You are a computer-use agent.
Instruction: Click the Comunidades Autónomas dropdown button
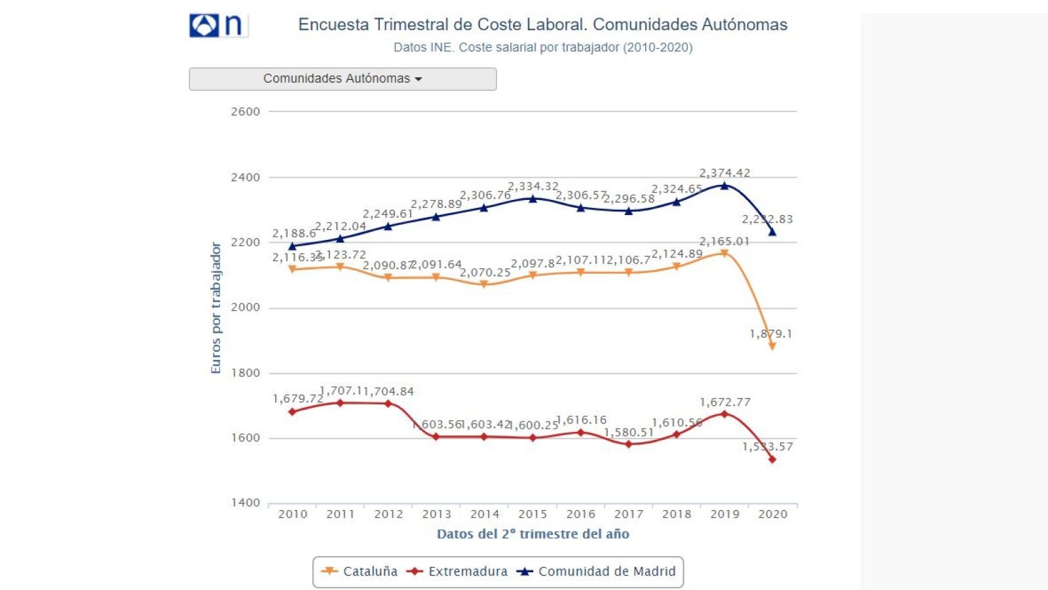point(343,79)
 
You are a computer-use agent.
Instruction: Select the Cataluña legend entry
point(360,572)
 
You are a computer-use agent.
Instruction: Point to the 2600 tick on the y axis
point(246,111)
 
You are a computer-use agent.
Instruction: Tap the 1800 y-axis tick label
point(246,373)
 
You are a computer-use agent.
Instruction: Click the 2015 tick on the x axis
point(533,515)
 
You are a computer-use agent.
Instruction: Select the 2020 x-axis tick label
point(773,515)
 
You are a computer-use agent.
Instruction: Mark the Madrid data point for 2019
point(724,186)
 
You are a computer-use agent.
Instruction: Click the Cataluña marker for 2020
point(773,346)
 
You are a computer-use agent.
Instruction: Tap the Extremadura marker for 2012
point(388,404)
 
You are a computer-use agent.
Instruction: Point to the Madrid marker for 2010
point(292,246)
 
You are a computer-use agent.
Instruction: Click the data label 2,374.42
point(724,173)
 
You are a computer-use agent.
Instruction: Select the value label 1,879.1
point(770,334)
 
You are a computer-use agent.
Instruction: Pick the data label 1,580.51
point(629,433)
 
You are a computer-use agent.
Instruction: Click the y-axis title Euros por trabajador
point(215,308)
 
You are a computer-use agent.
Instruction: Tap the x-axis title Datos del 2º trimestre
point(533,534)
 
